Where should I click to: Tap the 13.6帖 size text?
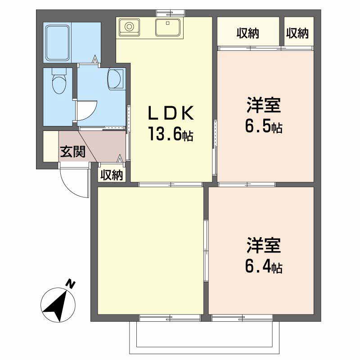tap(171, 134)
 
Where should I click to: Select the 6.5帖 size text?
tap(264, 127)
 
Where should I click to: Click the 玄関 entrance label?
tap(73, 152)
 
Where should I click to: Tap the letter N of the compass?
tap(70, 284)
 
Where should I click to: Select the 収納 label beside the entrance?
tap(112, 175)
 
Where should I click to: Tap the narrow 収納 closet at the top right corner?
tap(297, 33)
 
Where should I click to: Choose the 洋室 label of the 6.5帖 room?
tap(264, 106)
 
